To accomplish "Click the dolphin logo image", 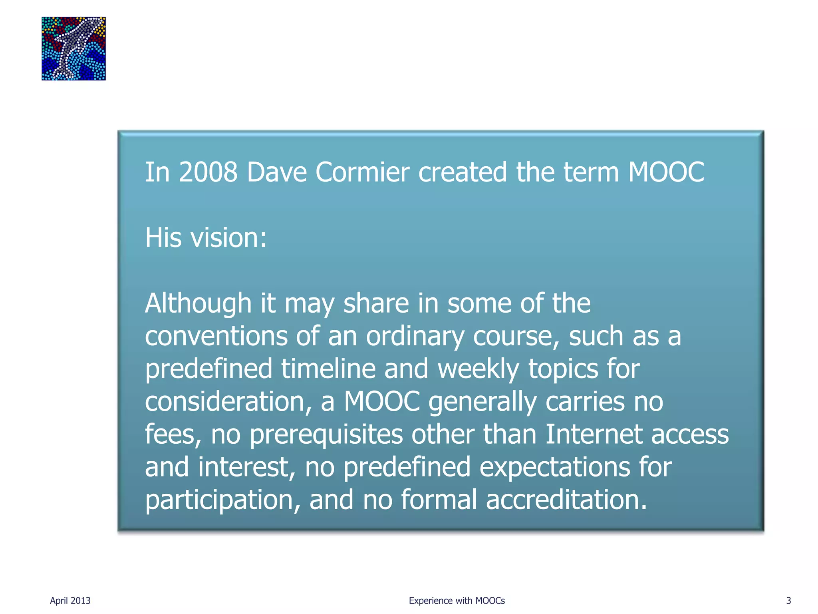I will click(73, 48).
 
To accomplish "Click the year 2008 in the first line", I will click(208, 172).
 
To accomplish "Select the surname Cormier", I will click(362, 172).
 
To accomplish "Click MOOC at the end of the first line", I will click(666, 172).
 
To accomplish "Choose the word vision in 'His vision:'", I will click(228, 238).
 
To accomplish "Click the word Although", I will click(198, 303).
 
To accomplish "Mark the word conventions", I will click(216, 336).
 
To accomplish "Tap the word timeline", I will click(328, 369).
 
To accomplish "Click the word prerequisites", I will click(326, 435).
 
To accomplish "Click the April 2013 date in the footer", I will click(70, 600).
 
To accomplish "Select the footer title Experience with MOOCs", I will click(457, 600).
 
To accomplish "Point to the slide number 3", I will click(788, 600).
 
